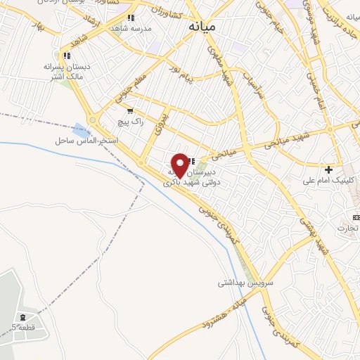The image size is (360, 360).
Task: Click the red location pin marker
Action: tap(180, 165)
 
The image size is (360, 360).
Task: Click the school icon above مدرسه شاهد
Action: tap(131, 18)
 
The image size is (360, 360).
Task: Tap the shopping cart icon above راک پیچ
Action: tap(130, 111)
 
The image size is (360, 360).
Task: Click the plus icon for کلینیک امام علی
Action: tap(328, 169)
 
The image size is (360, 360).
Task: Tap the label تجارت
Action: tap(347, 229)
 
